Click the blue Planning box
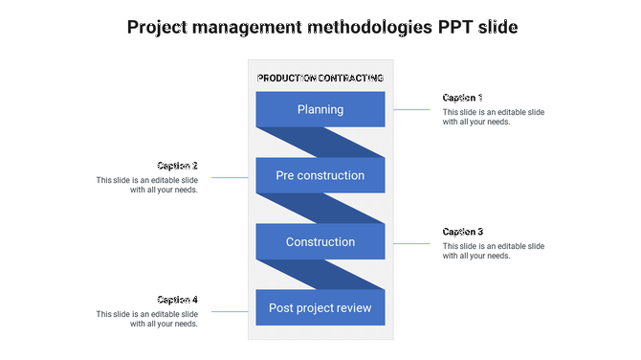(320, 109)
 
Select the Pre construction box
(320, 175)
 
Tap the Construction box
(320, 242)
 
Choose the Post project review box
(320, 308)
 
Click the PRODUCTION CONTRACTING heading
(320, 78)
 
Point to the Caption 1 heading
(463, 98)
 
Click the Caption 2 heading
(178, 166)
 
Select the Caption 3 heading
(463, 232)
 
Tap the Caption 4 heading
(178, 300)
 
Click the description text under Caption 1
(493, 117)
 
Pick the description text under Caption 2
(147, 185)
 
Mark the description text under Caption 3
(493, 251)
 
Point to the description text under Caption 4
(147, 319)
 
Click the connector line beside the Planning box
(411, 110)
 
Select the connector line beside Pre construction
(230, 177)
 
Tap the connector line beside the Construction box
(411, 244)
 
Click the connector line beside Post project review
(230, 311)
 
